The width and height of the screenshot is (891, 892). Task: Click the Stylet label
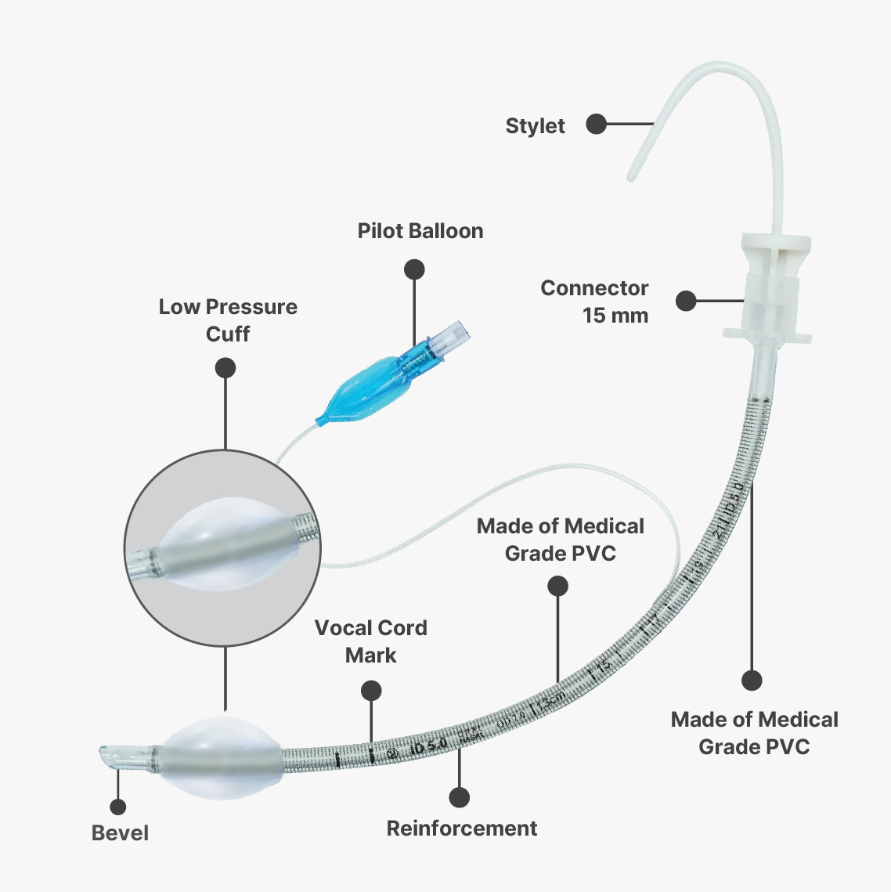coord(535,126)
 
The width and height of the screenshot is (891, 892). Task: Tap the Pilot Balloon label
coord(420,231)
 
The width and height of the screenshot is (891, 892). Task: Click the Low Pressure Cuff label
coord(228,320)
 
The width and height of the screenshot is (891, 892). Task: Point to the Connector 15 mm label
coord(595,302)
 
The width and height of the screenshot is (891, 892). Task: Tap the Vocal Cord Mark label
coord(371,641)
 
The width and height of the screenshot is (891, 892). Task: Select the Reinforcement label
coord(462,829)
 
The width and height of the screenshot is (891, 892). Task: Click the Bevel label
coord(120,833)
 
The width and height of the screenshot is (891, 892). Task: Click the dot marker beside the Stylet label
coord(597,124)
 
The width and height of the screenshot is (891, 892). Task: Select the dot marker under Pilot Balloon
coord(414,270)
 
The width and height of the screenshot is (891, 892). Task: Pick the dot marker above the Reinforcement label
coord(460,798)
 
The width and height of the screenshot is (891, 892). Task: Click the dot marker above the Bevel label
coord(118,807)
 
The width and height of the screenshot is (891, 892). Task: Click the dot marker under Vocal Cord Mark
coord(371,691)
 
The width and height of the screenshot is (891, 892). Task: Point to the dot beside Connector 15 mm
coord(686,301)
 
